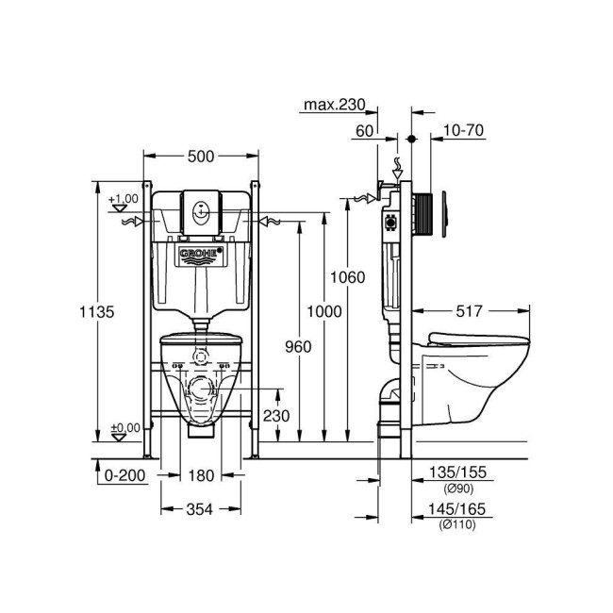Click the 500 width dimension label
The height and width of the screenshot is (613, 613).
coord(200,156)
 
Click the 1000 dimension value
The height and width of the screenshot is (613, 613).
coord(323,311)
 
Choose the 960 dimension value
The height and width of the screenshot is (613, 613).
coord(297,346)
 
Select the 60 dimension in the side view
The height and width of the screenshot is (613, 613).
coord(365,131)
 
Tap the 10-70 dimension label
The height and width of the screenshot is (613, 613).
coord(463,131)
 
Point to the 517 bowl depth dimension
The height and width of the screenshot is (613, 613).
coord(471,307)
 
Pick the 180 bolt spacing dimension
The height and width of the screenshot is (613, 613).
coord(200,475)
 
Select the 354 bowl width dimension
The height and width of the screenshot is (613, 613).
coord(200,509)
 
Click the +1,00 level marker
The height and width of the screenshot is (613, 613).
coord(123,199)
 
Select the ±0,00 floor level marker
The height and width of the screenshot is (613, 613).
coord(123,427)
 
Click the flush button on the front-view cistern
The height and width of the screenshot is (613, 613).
coord(200,213)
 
